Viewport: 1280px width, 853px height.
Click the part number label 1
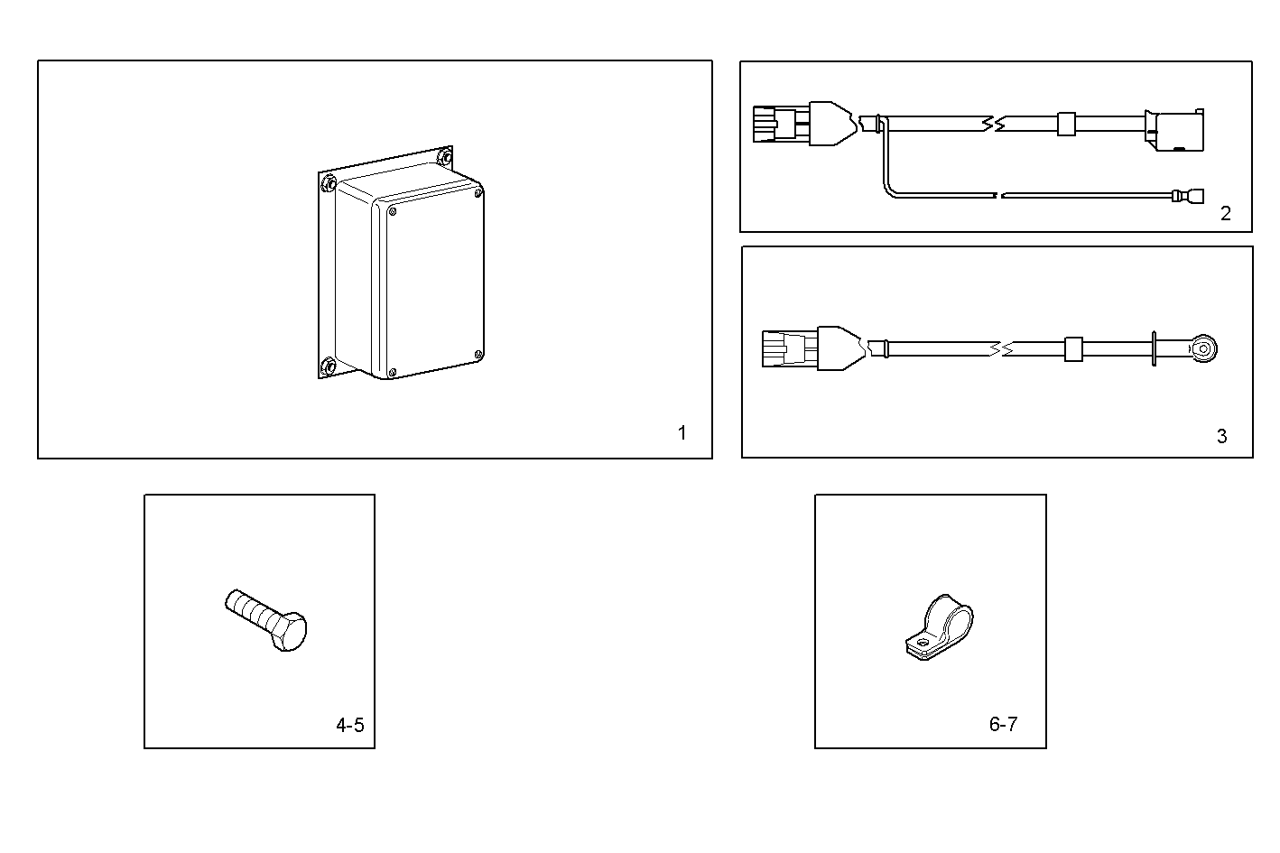[682, 433]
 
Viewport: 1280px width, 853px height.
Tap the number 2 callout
[1225, 214]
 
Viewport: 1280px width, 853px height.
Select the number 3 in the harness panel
[1222, 436]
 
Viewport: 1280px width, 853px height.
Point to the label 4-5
[350, 725]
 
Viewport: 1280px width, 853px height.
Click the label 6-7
[1003, 724]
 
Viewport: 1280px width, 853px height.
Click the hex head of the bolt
[288, 631]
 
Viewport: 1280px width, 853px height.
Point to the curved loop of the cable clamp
[951, 617]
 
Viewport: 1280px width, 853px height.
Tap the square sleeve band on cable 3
[1073, 348]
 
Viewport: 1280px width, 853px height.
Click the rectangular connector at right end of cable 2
[1174, 131]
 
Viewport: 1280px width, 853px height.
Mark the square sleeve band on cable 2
[1066, 123]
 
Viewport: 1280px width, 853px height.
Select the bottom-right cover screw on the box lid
[478, 354]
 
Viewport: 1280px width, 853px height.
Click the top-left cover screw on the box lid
[392, 212]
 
